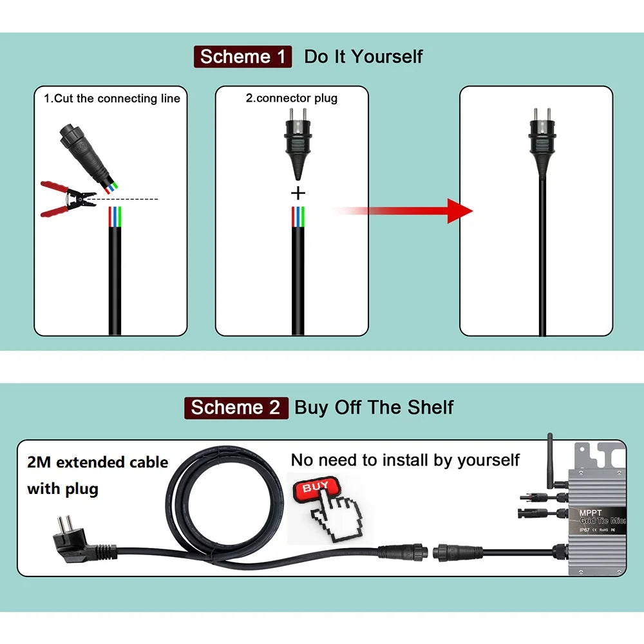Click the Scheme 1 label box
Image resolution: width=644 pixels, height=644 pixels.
tap(243, 57)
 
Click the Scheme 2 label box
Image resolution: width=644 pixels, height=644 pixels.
tap(236, 408)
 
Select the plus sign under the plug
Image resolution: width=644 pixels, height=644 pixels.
tap(298, 193)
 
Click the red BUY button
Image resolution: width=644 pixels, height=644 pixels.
tap(316, 488)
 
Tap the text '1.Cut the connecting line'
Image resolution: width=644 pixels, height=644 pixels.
tap(112, 99)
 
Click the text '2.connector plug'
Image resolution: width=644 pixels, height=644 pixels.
tap(291, 99)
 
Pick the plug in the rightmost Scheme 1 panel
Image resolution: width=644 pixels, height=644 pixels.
tap(542, 138)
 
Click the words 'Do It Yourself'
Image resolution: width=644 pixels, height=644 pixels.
tap(363, 57)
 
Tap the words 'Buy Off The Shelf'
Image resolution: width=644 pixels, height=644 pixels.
tap(374, 408)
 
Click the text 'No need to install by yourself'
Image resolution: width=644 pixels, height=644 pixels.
tap(405, 460)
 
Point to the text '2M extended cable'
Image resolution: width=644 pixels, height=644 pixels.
tap(97, 462)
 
